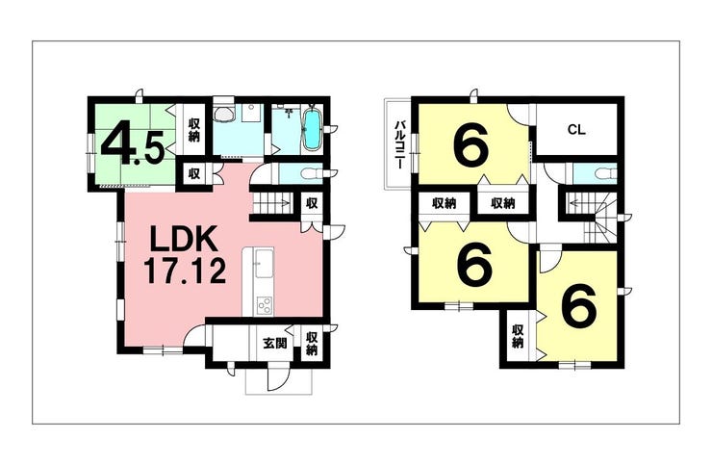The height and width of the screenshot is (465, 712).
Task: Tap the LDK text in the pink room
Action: (185, 237)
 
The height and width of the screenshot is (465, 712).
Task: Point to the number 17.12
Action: (186, 271)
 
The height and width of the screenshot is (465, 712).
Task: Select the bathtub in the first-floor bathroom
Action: (312, 130)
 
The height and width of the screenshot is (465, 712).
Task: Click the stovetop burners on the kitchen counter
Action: (263, 305)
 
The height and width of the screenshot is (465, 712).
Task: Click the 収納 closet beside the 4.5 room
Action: (194, 129)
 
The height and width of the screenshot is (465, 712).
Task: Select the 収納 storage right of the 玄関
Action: (313, 343)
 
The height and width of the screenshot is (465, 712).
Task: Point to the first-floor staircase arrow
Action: (272, 204)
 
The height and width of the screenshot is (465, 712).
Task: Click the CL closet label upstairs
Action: (576, 130)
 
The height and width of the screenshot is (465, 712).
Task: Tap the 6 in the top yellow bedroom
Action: (472, 146)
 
